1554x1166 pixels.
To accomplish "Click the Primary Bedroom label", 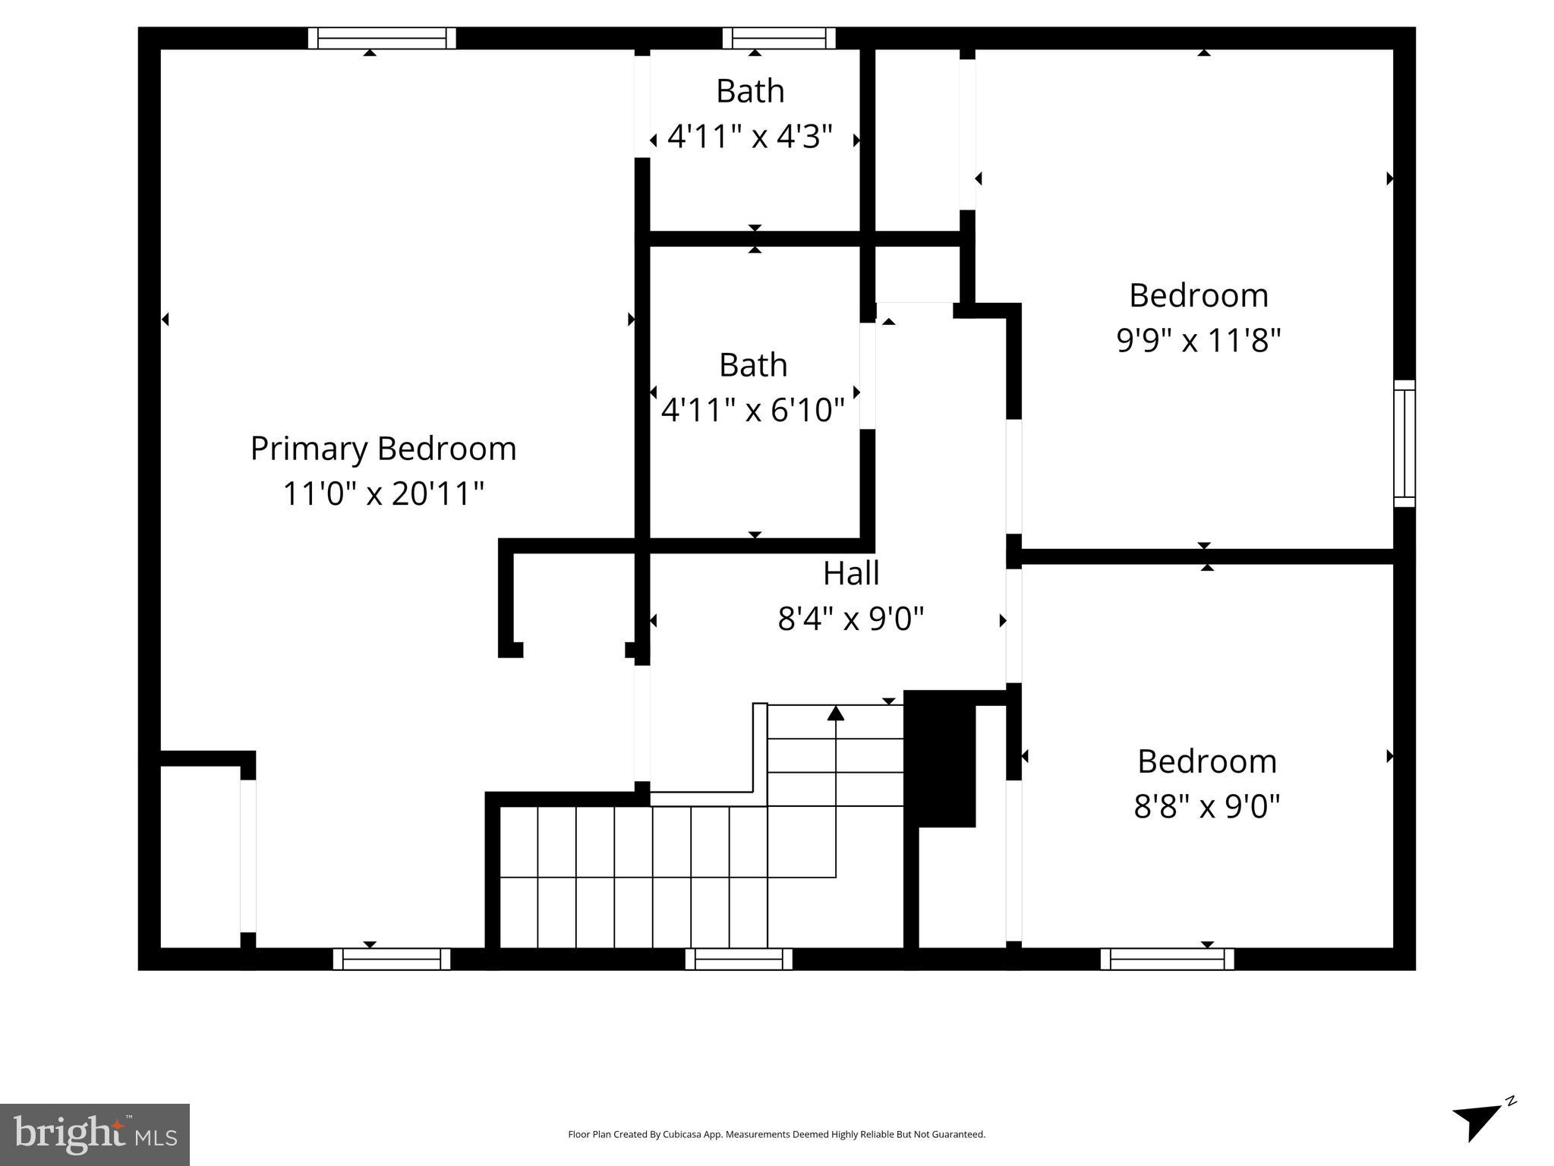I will pyautogui.click(x=383, y=449).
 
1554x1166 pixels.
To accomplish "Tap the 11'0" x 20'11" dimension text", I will pyautogui.click(x=383, y=493).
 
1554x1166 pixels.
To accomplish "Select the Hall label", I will pyautogui.click(x=851, y=573).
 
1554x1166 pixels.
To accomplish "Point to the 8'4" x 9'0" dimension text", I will pyautogui.click(x=851, y=619).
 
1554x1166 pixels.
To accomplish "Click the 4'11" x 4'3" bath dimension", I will pyautogui.click(x=750, y=137).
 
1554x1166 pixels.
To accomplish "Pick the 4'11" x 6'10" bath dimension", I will pyautogui.click(x=752, y=411).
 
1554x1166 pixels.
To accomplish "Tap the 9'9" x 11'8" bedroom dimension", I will pyautogui.click(x=1199, y=340).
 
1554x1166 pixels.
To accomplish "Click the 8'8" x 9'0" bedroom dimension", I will pyautogui.click(x=1207, y=806).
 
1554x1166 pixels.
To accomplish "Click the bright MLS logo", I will pyautogui.click(x=95, y=1136).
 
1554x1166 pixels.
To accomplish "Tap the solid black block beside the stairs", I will pyautogui.click(x=941, y=759).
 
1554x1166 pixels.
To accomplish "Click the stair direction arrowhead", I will pyautogui.click(x=836, y=714).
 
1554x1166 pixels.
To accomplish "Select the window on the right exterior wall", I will pyautogui.click(x=1404, y=443).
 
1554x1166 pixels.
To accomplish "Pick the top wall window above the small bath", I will pyautogui.click(x=779, y=38).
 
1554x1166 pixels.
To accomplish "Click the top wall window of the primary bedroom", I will pyautogui.click(x=382, y=38).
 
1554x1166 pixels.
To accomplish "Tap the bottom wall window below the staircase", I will pyautogui.click(x=739, y=960).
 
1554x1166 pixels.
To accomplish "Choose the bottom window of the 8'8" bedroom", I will pyautogui.click(x=1167, y=960).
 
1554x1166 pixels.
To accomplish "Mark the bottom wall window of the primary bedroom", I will pyautogui.click(x=392, y=960).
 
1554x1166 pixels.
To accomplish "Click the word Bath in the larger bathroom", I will pyautogui.click(x=753, y=365).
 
